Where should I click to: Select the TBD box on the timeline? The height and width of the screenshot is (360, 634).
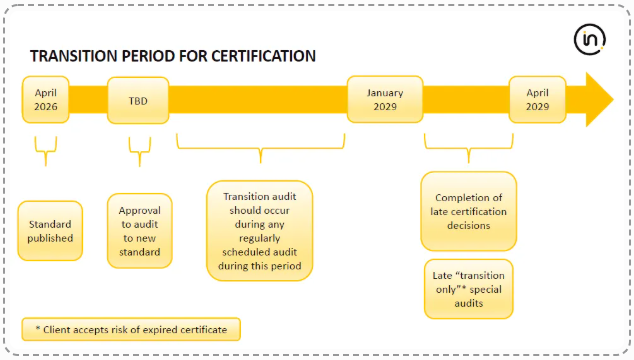point(138,100)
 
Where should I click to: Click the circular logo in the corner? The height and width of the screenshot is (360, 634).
point(591,40)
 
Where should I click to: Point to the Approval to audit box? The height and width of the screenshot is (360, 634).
point(139,231)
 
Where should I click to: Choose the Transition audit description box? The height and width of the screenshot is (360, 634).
point(260,231)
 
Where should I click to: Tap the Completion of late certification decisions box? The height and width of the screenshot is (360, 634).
point(469,211)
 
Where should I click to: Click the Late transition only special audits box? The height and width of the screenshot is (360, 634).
point(469,289)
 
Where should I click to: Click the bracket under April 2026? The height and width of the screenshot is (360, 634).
point(43,151)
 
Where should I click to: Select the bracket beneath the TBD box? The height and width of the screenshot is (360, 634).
point(139,151)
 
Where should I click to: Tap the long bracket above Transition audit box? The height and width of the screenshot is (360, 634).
point(260,151)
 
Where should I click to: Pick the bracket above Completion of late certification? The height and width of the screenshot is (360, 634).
point(469,151)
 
